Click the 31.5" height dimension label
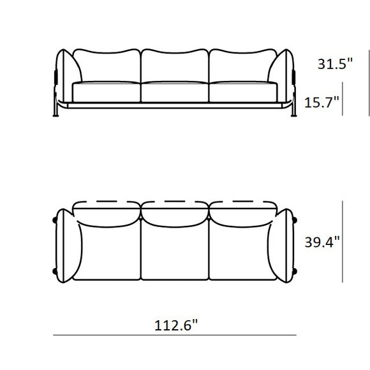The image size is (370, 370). tap(334, 64)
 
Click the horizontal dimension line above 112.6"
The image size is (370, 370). tap(174, 335)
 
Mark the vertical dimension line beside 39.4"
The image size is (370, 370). tap(344, 242)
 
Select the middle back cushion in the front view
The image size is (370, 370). tap(174, 66)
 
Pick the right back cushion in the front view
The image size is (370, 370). tap(241, 66)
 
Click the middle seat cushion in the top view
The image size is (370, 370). tap(174, 252)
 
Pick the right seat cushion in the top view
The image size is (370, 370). tap(241, 252)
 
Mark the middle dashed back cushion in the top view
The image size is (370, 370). tap(174, 206)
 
